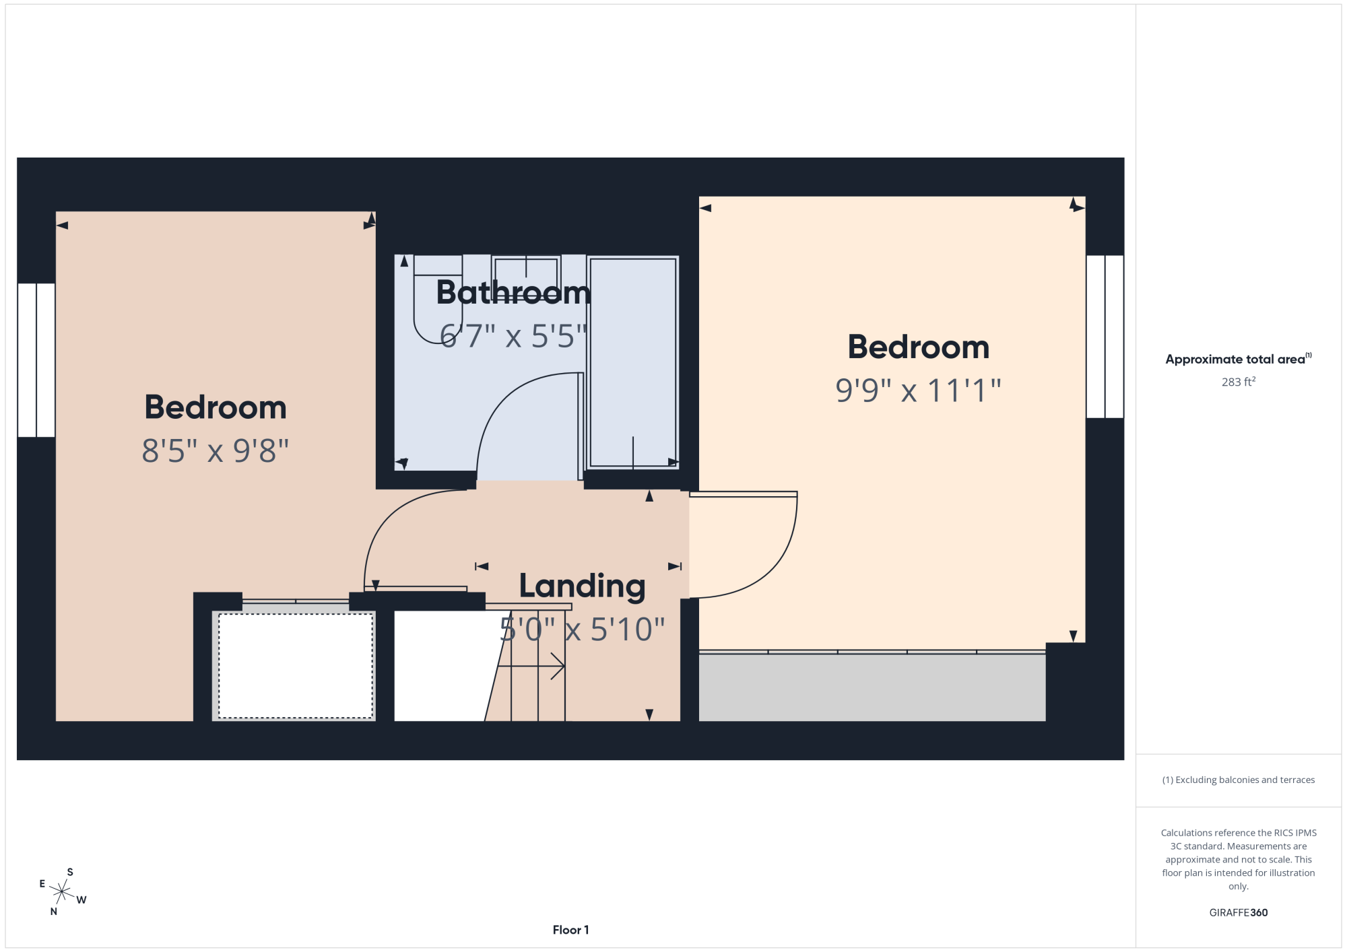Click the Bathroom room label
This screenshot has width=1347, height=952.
click(513, 293)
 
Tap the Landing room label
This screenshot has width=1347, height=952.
click(583, 586)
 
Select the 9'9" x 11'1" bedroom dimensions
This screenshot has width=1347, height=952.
click(918, 390)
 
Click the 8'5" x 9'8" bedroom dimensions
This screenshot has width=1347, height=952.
click(216, 451)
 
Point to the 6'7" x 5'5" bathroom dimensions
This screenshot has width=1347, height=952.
click(513, 336)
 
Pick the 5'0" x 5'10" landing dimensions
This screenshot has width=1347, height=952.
click(583, 630)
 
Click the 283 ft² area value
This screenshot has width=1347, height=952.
click(1239, 382)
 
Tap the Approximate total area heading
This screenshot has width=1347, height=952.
click(1239, 359)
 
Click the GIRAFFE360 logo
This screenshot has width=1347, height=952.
click(1239, 913)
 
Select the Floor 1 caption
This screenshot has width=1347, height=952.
click(570, 930)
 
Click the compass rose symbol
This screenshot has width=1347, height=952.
click(62, 892)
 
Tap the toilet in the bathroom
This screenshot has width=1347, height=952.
click(438, 300)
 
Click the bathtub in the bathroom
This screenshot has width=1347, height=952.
click(633, 362)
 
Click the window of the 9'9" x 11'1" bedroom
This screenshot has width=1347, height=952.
click(1105, 337)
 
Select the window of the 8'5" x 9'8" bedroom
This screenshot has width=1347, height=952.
click(36, 360)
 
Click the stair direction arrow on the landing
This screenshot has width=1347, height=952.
click(531, 666)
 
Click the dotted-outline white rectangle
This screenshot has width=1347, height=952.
click(296, 666)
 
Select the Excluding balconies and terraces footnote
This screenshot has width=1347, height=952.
click(1239, 780)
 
